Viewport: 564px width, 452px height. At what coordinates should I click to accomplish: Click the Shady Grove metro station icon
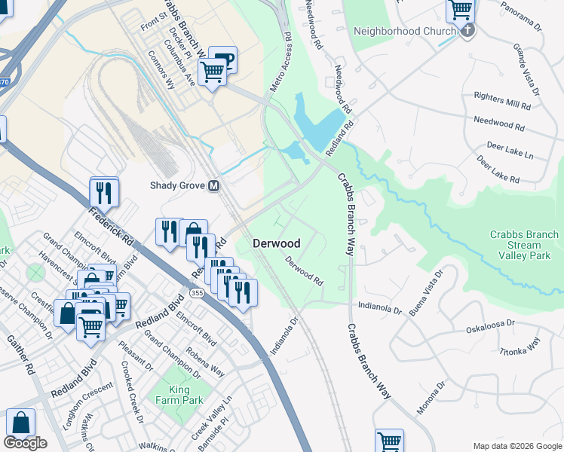(215, 185)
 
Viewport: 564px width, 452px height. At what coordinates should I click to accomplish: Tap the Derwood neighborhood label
(276, 243)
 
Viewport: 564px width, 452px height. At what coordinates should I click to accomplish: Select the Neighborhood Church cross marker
(468, 31)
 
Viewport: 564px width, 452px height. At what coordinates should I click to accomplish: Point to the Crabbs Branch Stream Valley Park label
(524, 245)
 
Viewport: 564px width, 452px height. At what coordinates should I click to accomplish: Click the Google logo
(25, 443)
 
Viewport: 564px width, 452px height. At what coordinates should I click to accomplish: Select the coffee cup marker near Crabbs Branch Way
(222, 61)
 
